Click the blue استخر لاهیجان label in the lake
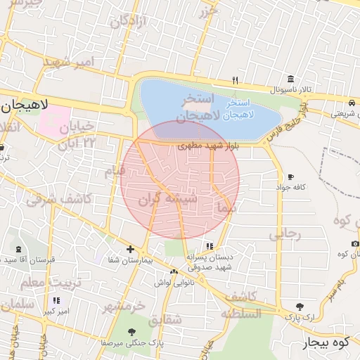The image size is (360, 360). [x=243, y=108]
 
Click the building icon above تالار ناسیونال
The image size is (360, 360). [x=290, y=79]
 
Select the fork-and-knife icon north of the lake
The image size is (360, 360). [x=236, y=80]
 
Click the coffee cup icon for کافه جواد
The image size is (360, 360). [x=290, y=177]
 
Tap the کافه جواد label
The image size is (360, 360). [x=292, y=187]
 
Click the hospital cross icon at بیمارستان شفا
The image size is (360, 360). [x=130, y=249]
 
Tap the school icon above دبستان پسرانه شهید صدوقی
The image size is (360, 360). [x=210, y=246]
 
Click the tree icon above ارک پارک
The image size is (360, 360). [x=300, y=307]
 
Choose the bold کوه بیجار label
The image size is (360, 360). [x=326, y=343]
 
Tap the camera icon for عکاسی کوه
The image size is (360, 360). [x=354, y=243]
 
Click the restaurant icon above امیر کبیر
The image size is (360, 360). [x=56, y=300]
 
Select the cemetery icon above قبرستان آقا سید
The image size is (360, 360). [x=17, y=250]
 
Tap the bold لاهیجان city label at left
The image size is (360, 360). [x=24, y=105]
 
